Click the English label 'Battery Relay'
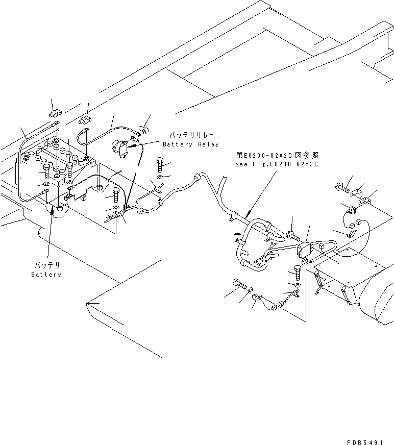tap(190, 145)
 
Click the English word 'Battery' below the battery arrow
tap(46, 275)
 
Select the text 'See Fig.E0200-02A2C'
tap(277, 164)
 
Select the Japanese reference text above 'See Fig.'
tap(277, 155)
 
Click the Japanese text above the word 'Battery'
tap(46, 266)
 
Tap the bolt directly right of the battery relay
tap(160, 165)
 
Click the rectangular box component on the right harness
tap(304, 251)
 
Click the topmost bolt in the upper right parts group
tap(340, 188)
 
